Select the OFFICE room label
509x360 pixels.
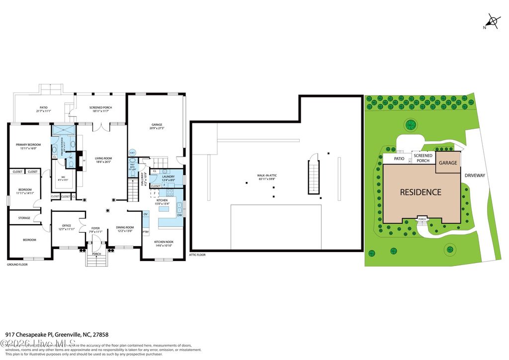[66, 226]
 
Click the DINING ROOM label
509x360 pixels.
[125, 227]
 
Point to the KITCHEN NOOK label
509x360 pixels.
[163, 242]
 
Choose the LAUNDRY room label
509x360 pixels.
[168, 176]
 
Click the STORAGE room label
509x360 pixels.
[24, 218]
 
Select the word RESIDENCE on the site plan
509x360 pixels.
[421, 192]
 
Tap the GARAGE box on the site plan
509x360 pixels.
[447, 163]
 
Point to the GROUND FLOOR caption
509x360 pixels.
[17, 265]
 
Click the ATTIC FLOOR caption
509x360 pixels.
[197, 255]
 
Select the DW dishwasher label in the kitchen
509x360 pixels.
[179, 215]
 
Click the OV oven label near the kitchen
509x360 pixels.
[146, 214]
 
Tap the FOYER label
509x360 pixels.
[95, 228]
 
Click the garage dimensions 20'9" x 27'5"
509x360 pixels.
[157, 128]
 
